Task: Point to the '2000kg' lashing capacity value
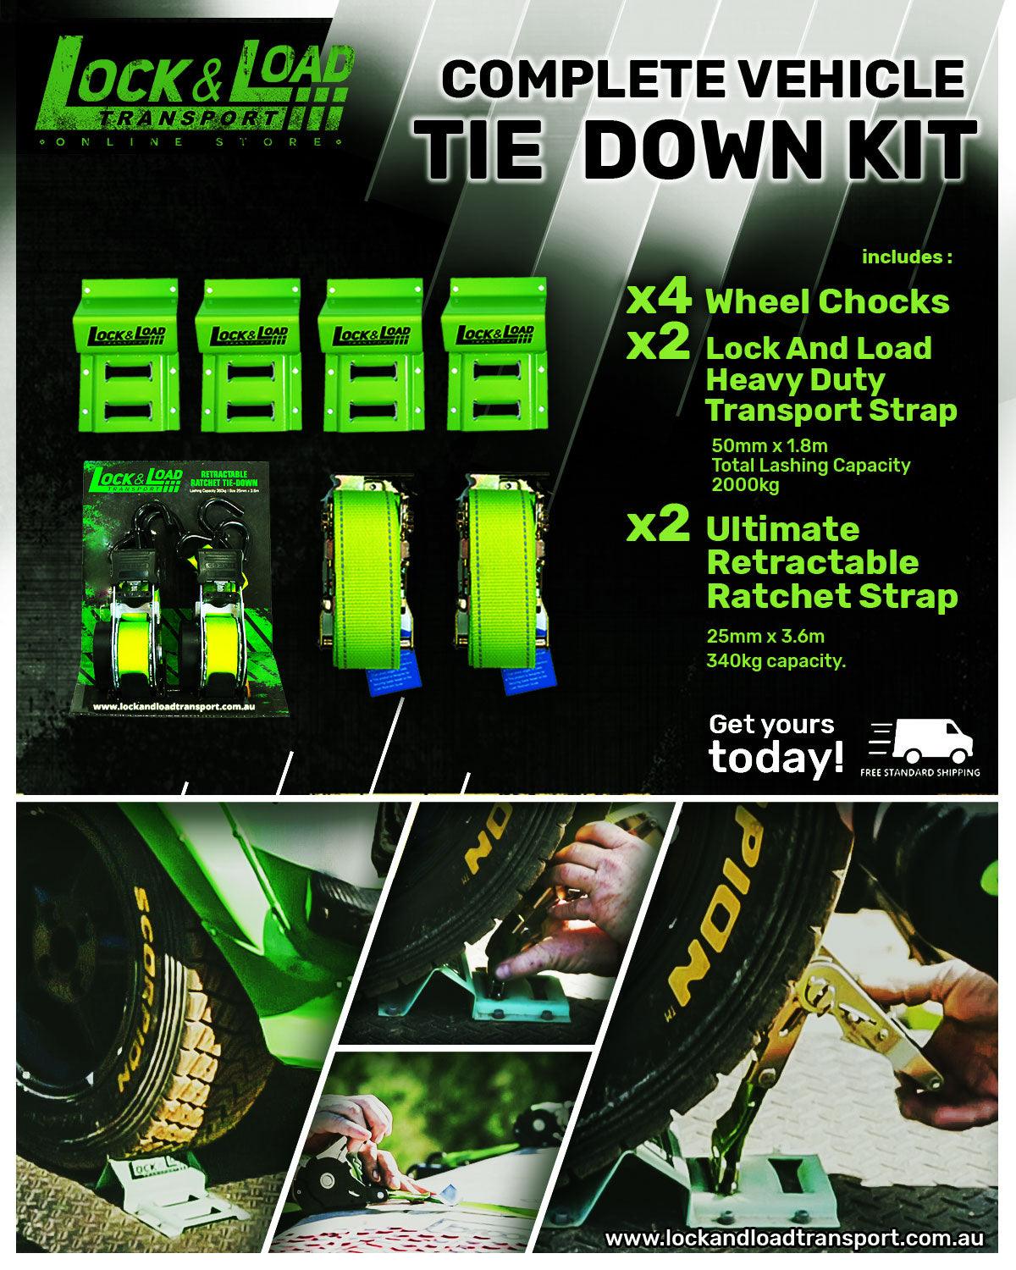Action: (745, 484)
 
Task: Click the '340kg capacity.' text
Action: (776, 661)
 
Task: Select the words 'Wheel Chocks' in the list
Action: (827, 301)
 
